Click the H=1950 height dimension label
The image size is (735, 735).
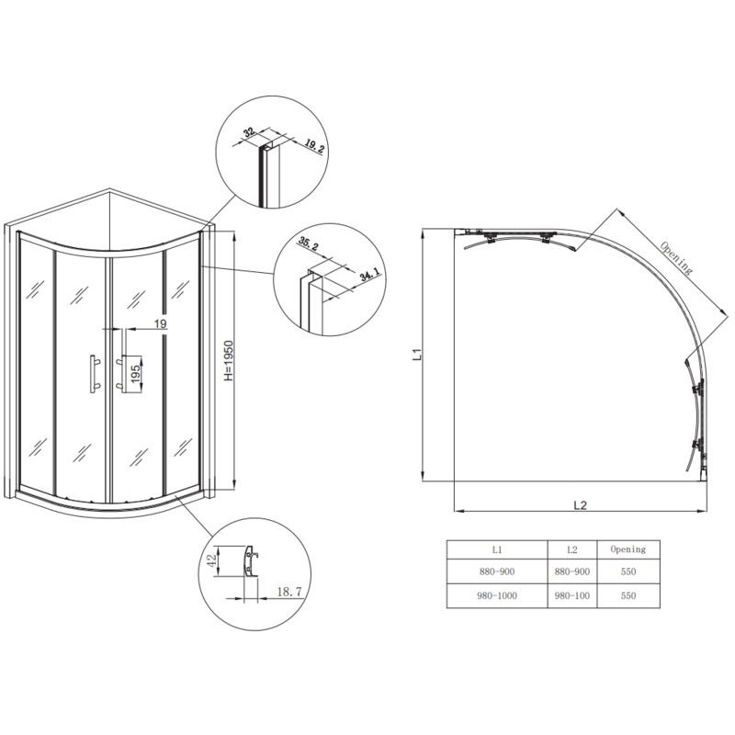point(228,360)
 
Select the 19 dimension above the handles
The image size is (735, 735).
point(160,323)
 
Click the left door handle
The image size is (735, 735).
point(94,374)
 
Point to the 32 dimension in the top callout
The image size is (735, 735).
point(249,131)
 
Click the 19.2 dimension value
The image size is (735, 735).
point(314,146)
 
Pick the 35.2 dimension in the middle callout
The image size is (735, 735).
point(308,243)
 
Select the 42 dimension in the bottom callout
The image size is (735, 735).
point(212,560)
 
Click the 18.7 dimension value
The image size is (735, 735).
point(288,592)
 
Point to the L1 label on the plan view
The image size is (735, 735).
point(418,355)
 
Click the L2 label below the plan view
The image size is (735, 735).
point(581,504)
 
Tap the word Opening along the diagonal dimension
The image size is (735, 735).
point(675,258)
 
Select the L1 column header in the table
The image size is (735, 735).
point(497,549)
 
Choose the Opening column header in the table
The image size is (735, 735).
point(628,549)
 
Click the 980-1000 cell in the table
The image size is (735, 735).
point(497,595)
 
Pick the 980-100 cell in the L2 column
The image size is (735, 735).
point(571,595)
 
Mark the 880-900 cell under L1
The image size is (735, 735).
point(497,571)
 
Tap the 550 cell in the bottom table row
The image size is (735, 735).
point(628,595)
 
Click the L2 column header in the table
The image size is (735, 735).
point(571,549)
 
